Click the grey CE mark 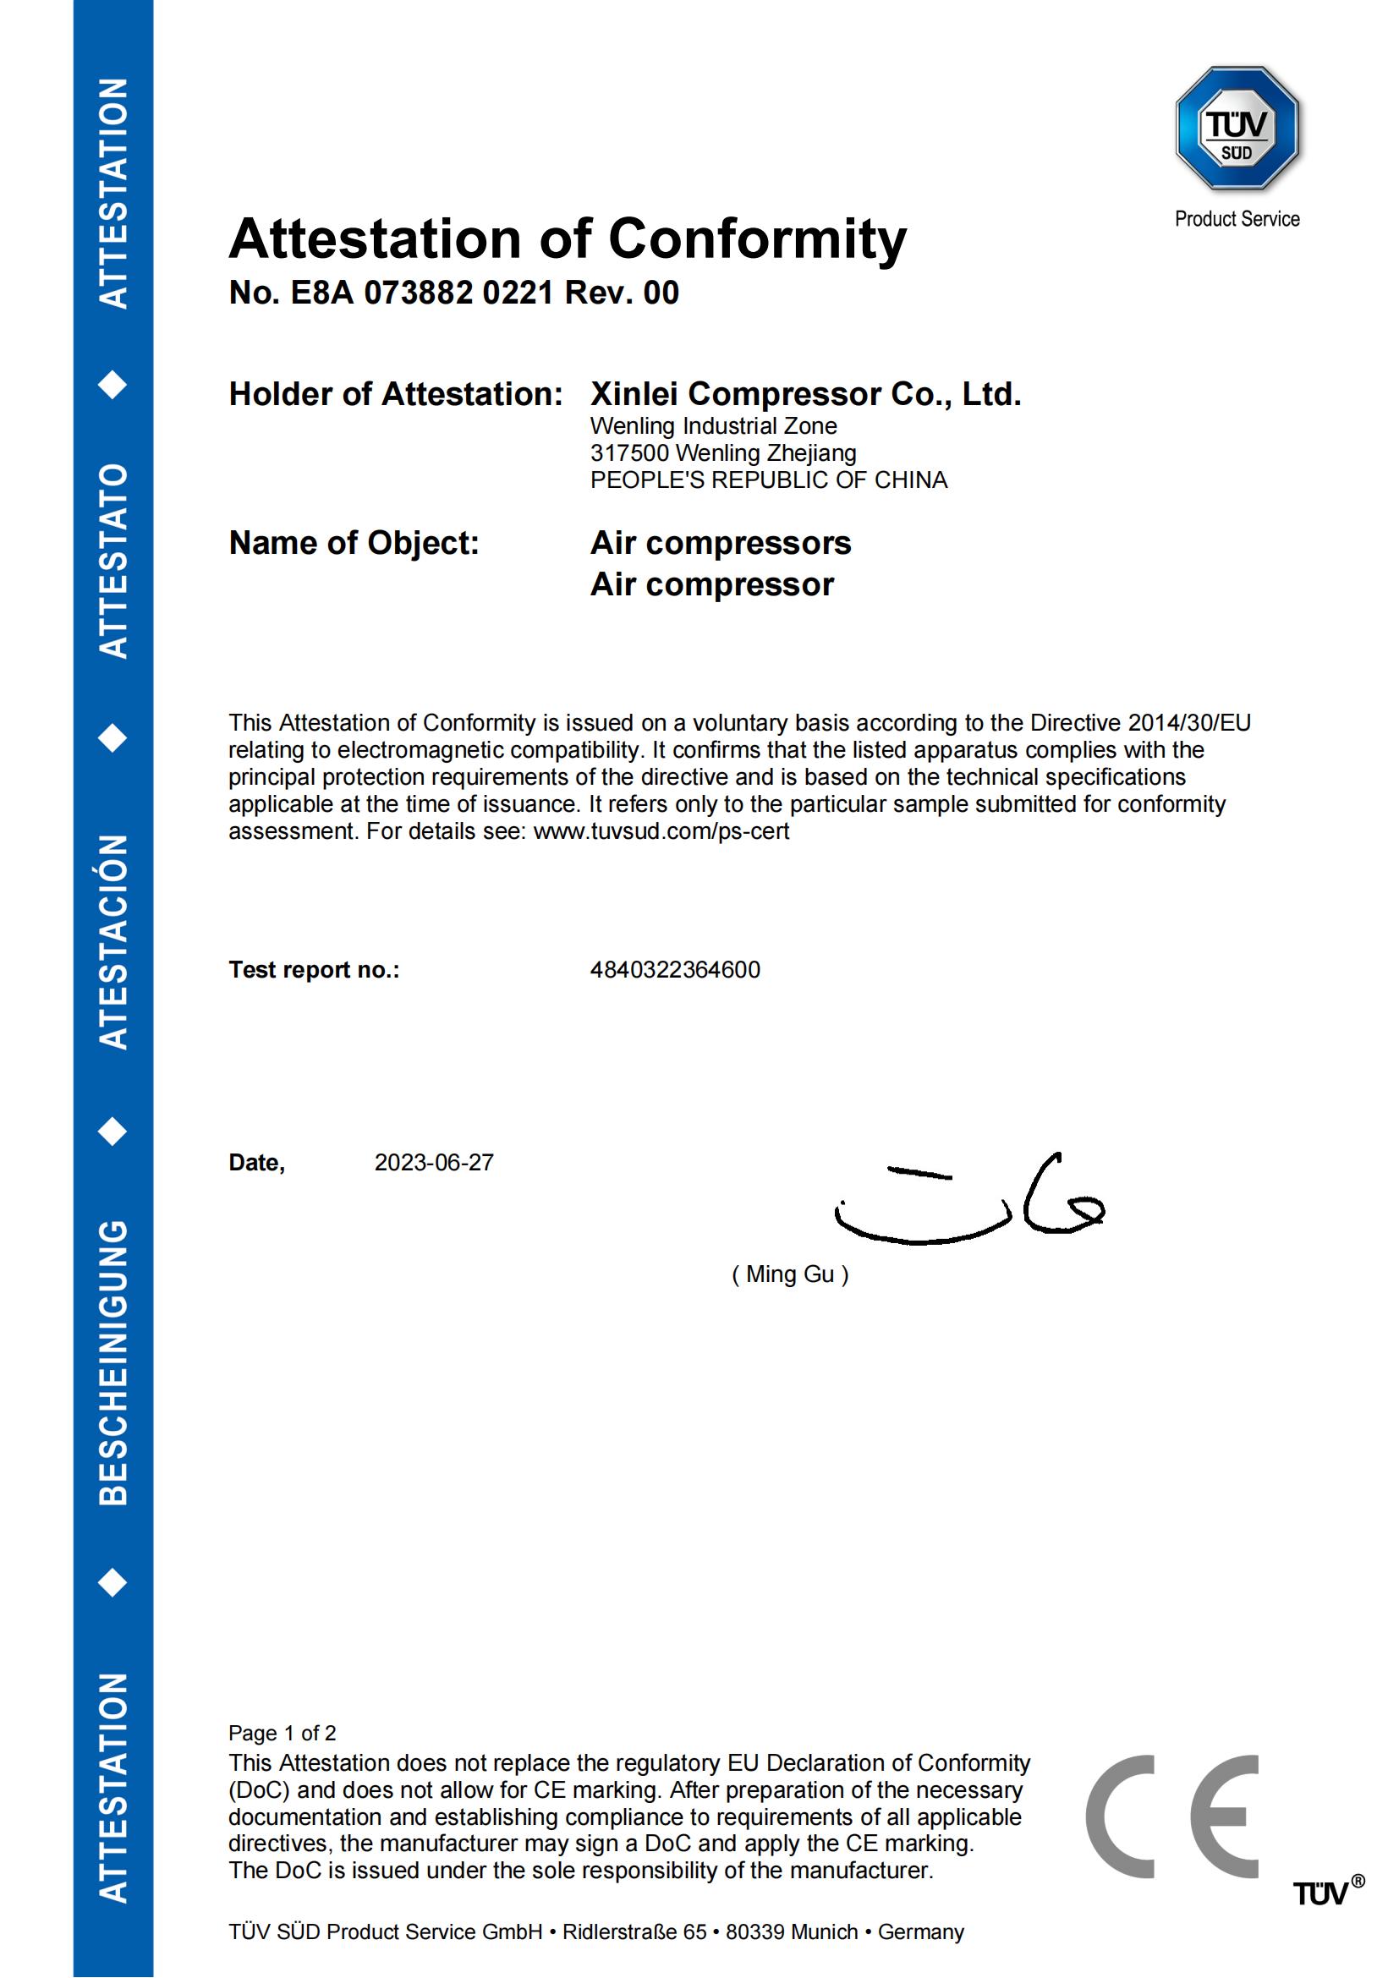coord(1172,1816)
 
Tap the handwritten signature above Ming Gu coord(970,1199)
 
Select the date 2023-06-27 coord(434,1163)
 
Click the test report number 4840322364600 coord(674,970)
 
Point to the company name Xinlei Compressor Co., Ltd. coord(805,395)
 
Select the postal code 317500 coord(628,453)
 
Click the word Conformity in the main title coord(757,238)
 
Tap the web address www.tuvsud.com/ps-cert coord(661,831)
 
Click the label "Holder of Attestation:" coord(395,395)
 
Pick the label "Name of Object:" coord(354,544)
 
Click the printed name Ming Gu coord(790,1274)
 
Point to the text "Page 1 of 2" coord(282,1733)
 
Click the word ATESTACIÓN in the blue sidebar coord(113,941)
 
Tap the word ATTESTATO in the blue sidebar coord(113,561)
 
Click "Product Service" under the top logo coord(1237,220)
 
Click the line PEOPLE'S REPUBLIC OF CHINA coord(768,480)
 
